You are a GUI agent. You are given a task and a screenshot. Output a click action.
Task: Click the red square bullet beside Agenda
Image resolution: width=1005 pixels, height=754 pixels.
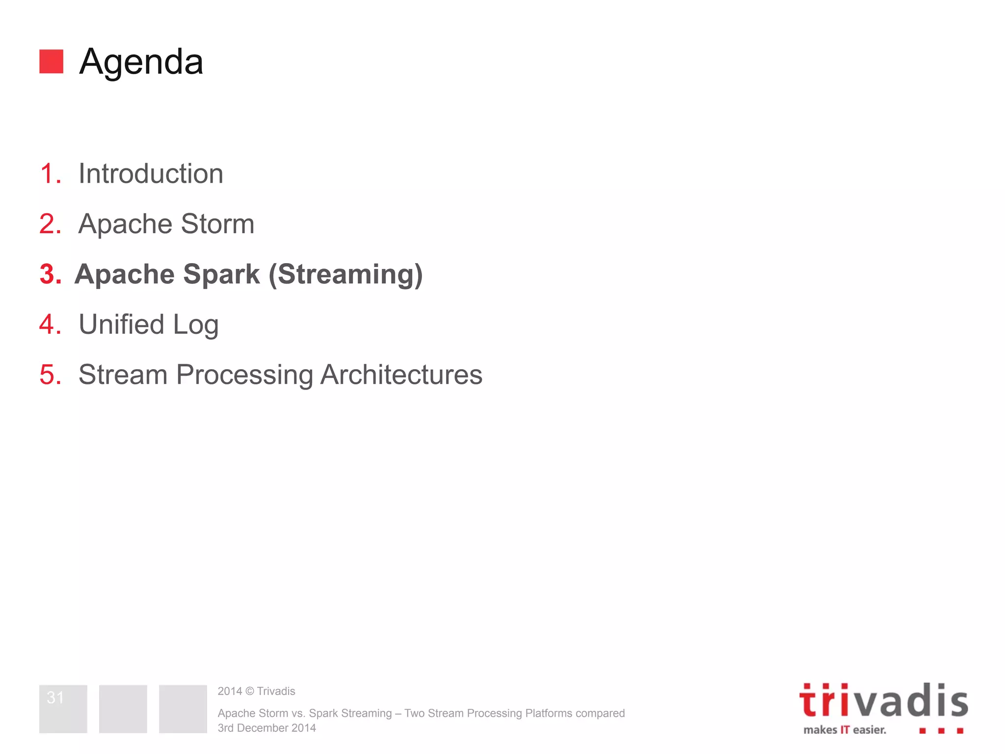51,61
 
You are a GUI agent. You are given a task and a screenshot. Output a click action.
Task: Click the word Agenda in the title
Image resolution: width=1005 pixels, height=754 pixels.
141,62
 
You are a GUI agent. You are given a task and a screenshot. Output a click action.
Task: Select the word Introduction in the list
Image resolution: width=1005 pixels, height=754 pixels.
151,174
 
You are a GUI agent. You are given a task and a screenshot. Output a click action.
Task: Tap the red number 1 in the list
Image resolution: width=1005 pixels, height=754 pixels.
49,174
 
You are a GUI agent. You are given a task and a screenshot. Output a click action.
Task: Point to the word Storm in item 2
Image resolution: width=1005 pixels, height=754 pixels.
217,224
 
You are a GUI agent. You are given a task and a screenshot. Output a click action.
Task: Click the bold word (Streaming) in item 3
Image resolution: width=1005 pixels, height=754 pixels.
345,274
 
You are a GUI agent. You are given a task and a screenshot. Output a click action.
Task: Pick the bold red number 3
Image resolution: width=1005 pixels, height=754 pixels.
50,274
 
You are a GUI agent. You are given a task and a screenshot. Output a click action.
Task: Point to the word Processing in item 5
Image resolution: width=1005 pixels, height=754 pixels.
244,376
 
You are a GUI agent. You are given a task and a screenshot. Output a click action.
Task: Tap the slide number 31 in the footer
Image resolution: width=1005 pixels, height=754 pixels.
55,698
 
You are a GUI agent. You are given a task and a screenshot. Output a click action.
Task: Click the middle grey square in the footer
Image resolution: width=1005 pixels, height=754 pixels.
123,709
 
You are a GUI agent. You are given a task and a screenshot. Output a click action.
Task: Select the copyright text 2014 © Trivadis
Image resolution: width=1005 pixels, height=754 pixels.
256,691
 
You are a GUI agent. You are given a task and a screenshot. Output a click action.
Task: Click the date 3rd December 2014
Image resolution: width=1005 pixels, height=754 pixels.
266,728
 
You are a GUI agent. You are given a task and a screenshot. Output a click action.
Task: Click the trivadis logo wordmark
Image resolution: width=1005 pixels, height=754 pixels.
883,701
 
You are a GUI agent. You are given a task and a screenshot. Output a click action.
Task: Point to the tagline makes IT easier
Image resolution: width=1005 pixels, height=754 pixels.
845,730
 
